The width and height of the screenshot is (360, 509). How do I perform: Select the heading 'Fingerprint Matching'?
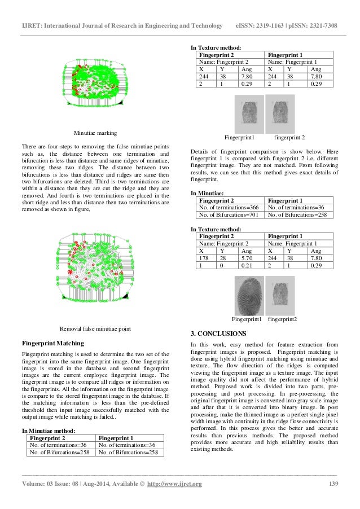click(52, 343)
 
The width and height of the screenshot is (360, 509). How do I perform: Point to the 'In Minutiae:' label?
click(208, 193)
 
